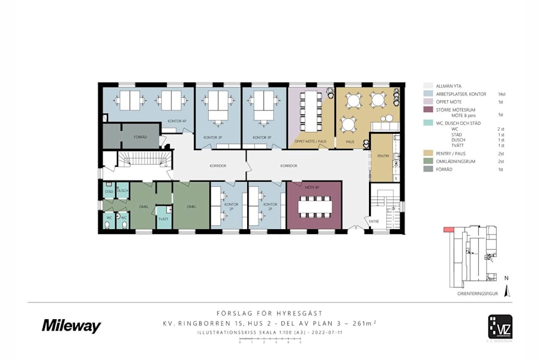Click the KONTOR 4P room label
click(177, 121)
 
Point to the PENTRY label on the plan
click(383, 156)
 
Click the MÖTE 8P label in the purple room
click(310, 188)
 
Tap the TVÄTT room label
click(163, 219)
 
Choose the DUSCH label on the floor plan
click(122, 191)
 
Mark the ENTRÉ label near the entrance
click(374, 221)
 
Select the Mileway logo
click(71, 326)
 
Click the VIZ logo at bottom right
click(499, 328)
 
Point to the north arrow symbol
click(507, 290)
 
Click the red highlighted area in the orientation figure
click(447, 229)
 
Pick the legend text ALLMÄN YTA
click(449, 86)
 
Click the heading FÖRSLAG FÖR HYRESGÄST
click(269, 313)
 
